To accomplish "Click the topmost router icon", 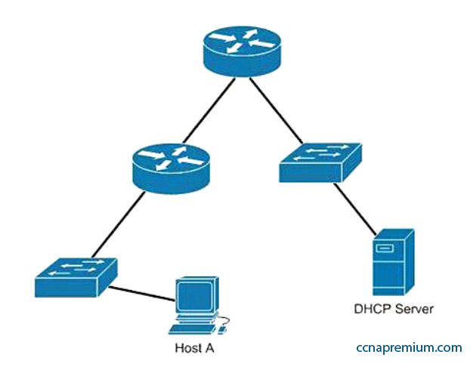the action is click(243, 51).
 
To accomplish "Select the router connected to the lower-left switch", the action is click(172, 168).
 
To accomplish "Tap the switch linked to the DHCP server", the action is click(320, 162).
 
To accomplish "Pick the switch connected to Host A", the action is click(76, 277).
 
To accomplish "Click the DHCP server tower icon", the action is click(393, 263).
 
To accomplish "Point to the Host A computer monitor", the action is click(197, 295).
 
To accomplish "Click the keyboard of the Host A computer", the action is click(193, 329).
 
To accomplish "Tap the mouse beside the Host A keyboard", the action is click(222, 330).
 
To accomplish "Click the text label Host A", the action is click(194, 348).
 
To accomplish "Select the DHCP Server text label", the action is click(394, 309).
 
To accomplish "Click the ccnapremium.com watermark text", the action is click(409, 348).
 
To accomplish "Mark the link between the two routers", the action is click(209, 111).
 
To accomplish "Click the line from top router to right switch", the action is click(276, 110).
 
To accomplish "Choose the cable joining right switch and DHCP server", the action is click(354, 209).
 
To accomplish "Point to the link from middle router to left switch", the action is click(119, 225).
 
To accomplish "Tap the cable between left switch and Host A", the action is click(142, 294).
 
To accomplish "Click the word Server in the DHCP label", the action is click(415, 309).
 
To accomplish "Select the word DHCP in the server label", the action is click(373, 309).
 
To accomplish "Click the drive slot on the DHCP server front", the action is click(385, 248).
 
